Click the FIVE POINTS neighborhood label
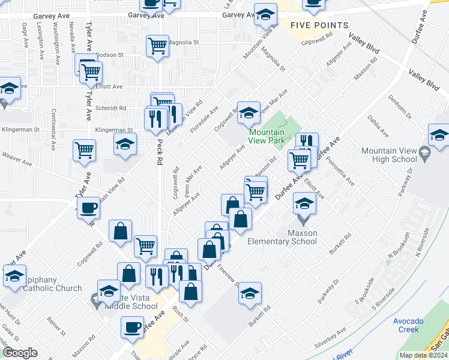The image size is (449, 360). tap(319, 25)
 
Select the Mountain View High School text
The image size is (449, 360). tap(390, 155)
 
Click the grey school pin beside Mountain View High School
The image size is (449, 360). tap(424, 154)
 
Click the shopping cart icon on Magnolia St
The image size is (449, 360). tap(157, 44)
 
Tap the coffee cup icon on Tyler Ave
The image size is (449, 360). tap(89, 208)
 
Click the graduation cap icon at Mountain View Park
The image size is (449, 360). tap(249, 112)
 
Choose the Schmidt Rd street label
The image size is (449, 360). tap(111, 109)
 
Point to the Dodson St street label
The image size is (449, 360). tap(109, 55)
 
